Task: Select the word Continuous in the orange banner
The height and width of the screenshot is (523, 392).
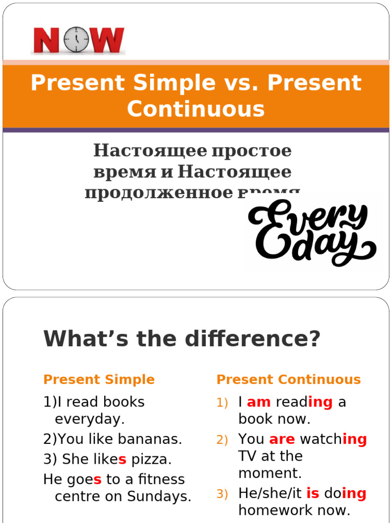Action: point(196,109)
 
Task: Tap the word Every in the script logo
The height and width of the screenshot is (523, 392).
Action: point(306,217)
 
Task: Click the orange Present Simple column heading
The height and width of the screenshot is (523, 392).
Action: point(99,379)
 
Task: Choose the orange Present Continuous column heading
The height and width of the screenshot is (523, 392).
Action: point(288,379)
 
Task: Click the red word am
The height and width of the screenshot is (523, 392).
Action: point(258,402)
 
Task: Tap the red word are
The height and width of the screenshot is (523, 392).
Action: point(282,439)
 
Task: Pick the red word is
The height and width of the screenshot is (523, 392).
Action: point(312,493)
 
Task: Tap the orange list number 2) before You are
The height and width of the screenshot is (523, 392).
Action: point(222,440)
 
